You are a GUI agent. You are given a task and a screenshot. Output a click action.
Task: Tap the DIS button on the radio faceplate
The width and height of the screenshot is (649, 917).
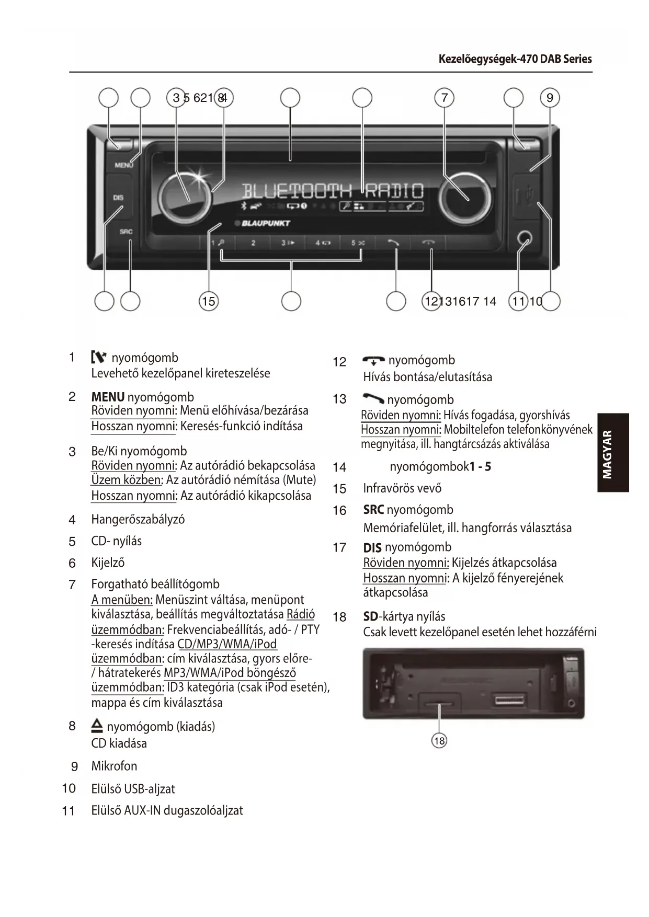click(118, 198)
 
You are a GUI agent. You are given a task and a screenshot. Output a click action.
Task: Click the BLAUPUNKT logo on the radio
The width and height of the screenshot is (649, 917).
click(266, 223)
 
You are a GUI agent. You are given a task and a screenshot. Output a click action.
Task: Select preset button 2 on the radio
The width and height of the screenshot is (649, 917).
click(253, 243)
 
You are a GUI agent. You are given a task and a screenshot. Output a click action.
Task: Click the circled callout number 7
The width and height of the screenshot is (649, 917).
click(445, 98)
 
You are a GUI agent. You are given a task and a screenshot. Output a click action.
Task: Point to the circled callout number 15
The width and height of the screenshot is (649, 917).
click(208, 301)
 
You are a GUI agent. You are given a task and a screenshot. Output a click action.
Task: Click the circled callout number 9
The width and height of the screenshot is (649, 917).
click(550, 98)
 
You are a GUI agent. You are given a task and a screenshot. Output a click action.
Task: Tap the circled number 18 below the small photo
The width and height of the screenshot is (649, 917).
click(439, 741)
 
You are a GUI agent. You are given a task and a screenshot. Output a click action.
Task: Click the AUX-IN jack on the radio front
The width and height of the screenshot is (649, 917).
click(525, 239)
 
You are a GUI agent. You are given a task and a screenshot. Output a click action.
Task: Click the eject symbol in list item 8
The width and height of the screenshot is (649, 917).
click(97, 726)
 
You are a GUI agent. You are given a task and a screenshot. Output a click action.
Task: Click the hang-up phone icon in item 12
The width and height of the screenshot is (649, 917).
click(373, 361)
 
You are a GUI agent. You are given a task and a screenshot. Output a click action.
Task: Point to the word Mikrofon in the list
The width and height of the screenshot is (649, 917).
click(114, 766)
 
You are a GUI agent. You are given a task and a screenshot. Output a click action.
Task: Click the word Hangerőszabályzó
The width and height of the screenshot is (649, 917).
click(138, 520)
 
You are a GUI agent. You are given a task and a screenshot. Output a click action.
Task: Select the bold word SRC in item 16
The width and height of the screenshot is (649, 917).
click(373, 510)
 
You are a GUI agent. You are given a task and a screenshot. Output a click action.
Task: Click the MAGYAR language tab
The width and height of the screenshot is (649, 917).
click(613, 453)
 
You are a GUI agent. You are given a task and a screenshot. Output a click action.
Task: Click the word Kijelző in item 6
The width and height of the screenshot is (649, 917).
click(108, 563)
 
